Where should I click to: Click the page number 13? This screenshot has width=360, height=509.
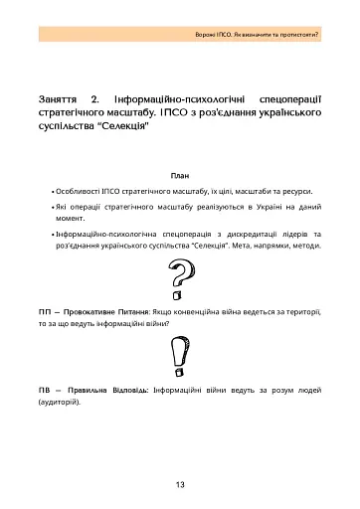tap(180, 484)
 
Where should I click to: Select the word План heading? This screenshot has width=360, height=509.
tap(180, 174)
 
